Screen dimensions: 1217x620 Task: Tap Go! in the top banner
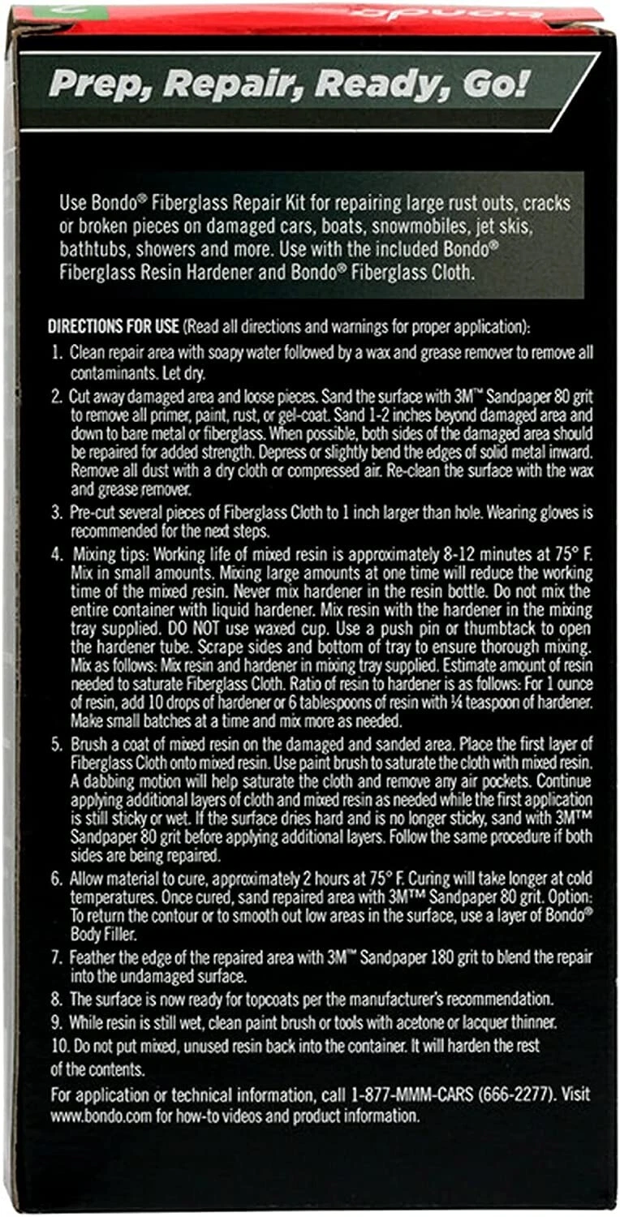(488, 84)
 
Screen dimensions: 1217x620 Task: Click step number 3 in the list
(56, 513)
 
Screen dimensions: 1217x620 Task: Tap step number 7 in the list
(56, 957)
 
